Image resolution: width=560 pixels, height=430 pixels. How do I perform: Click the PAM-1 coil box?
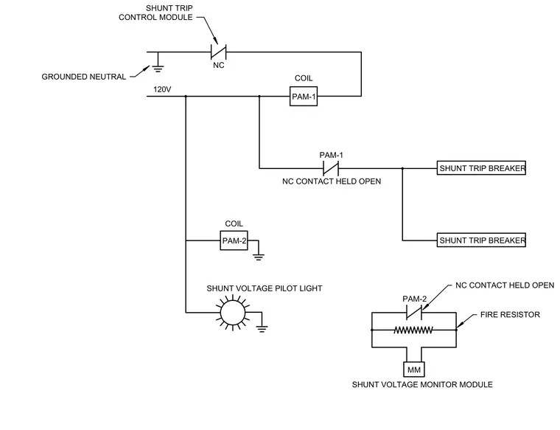click(304, 96)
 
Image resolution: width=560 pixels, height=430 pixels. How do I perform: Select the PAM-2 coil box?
click(234, 240)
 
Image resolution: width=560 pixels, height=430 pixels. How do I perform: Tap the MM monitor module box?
click(414, 370)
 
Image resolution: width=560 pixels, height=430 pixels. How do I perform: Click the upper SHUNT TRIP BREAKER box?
click(481, 168)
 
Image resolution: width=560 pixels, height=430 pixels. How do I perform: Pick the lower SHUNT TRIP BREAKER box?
click(481, 240)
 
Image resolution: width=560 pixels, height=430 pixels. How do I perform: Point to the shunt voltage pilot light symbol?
click(233, 313)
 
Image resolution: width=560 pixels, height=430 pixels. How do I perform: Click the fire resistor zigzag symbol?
click(413, 330)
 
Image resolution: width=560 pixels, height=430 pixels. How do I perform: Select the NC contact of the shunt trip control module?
click(219, 52)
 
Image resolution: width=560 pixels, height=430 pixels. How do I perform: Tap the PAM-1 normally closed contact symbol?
click(331, 168)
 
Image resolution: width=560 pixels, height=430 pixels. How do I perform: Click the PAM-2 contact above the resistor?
click(414, 313)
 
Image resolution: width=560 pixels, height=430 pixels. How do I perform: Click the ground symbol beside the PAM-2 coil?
click(259, 256)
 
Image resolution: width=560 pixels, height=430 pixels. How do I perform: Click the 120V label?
click(162, 89)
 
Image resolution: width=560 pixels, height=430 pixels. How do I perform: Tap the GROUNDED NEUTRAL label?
click(84, 77)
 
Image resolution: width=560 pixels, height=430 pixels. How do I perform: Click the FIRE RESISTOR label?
click(510, 314)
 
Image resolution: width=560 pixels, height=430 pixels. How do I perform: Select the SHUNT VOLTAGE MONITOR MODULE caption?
click(422, 384)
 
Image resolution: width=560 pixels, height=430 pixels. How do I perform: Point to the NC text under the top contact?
click(219, 65)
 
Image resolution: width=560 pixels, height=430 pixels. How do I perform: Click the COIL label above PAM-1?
click(304, 78)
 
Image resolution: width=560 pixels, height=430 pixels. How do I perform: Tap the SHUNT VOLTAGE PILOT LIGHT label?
click(265, 288)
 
